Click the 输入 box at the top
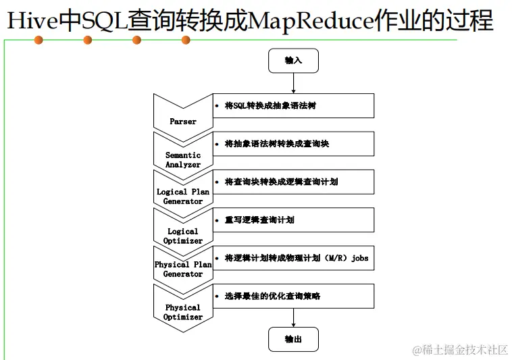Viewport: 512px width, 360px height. click(293, 61)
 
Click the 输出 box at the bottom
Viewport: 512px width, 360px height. click(293, 339)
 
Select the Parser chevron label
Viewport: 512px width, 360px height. click(183, 122)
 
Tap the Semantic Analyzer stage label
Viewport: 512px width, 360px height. click(183, 159)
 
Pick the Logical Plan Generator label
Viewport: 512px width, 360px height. click(183, 197)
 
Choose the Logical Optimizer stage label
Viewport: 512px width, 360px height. click(183, 236)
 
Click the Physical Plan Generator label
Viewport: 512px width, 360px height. click(183, 269)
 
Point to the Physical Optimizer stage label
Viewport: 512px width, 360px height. click(183, 312)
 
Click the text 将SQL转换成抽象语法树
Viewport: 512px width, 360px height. click(270, 106)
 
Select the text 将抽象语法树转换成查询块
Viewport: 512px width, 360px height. click(277, 144)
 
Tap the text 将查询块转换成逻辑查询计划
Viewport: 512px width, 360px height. click(281, 182)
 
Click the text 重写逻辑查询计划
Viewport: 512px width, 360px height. click(259, 220)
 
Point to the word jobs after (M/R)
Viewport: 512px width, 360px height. click(359, 258)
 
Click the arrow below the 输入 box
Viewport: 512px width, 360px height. click(293, 83)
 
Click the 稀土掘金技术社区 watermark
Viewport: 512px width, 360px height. click(460, 349)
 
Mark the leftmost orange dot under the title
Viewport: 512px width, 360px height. click(39, 41)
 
